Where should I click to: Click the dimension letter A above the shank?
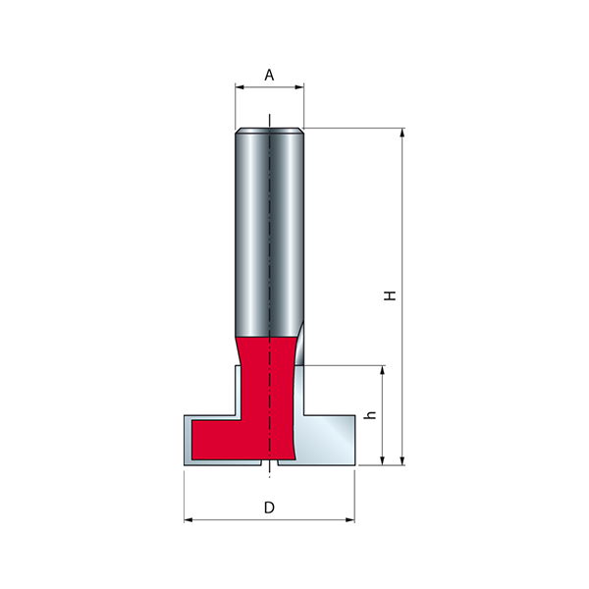click(x=269, y=76)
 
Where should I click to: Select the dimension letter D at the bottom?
click(x=269, y=508)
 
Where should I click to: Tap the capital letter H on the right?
click(x=391, y=295)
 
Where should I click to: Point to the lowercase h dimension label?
click(x=370, y=415)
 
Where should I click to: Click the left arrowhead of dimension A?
click(x=240, y=87)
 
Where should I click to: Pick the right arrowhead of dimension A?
click(x=299, y=87)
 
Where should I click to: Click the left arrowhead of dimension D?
click(x=188, y=520)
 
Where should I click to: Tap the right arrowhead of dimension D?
click(x=350, y=520)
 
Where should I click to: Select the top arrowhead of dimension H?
click(x=402, y=133)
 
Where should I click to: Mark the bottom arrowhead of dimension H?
click(x=402, y=461)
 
